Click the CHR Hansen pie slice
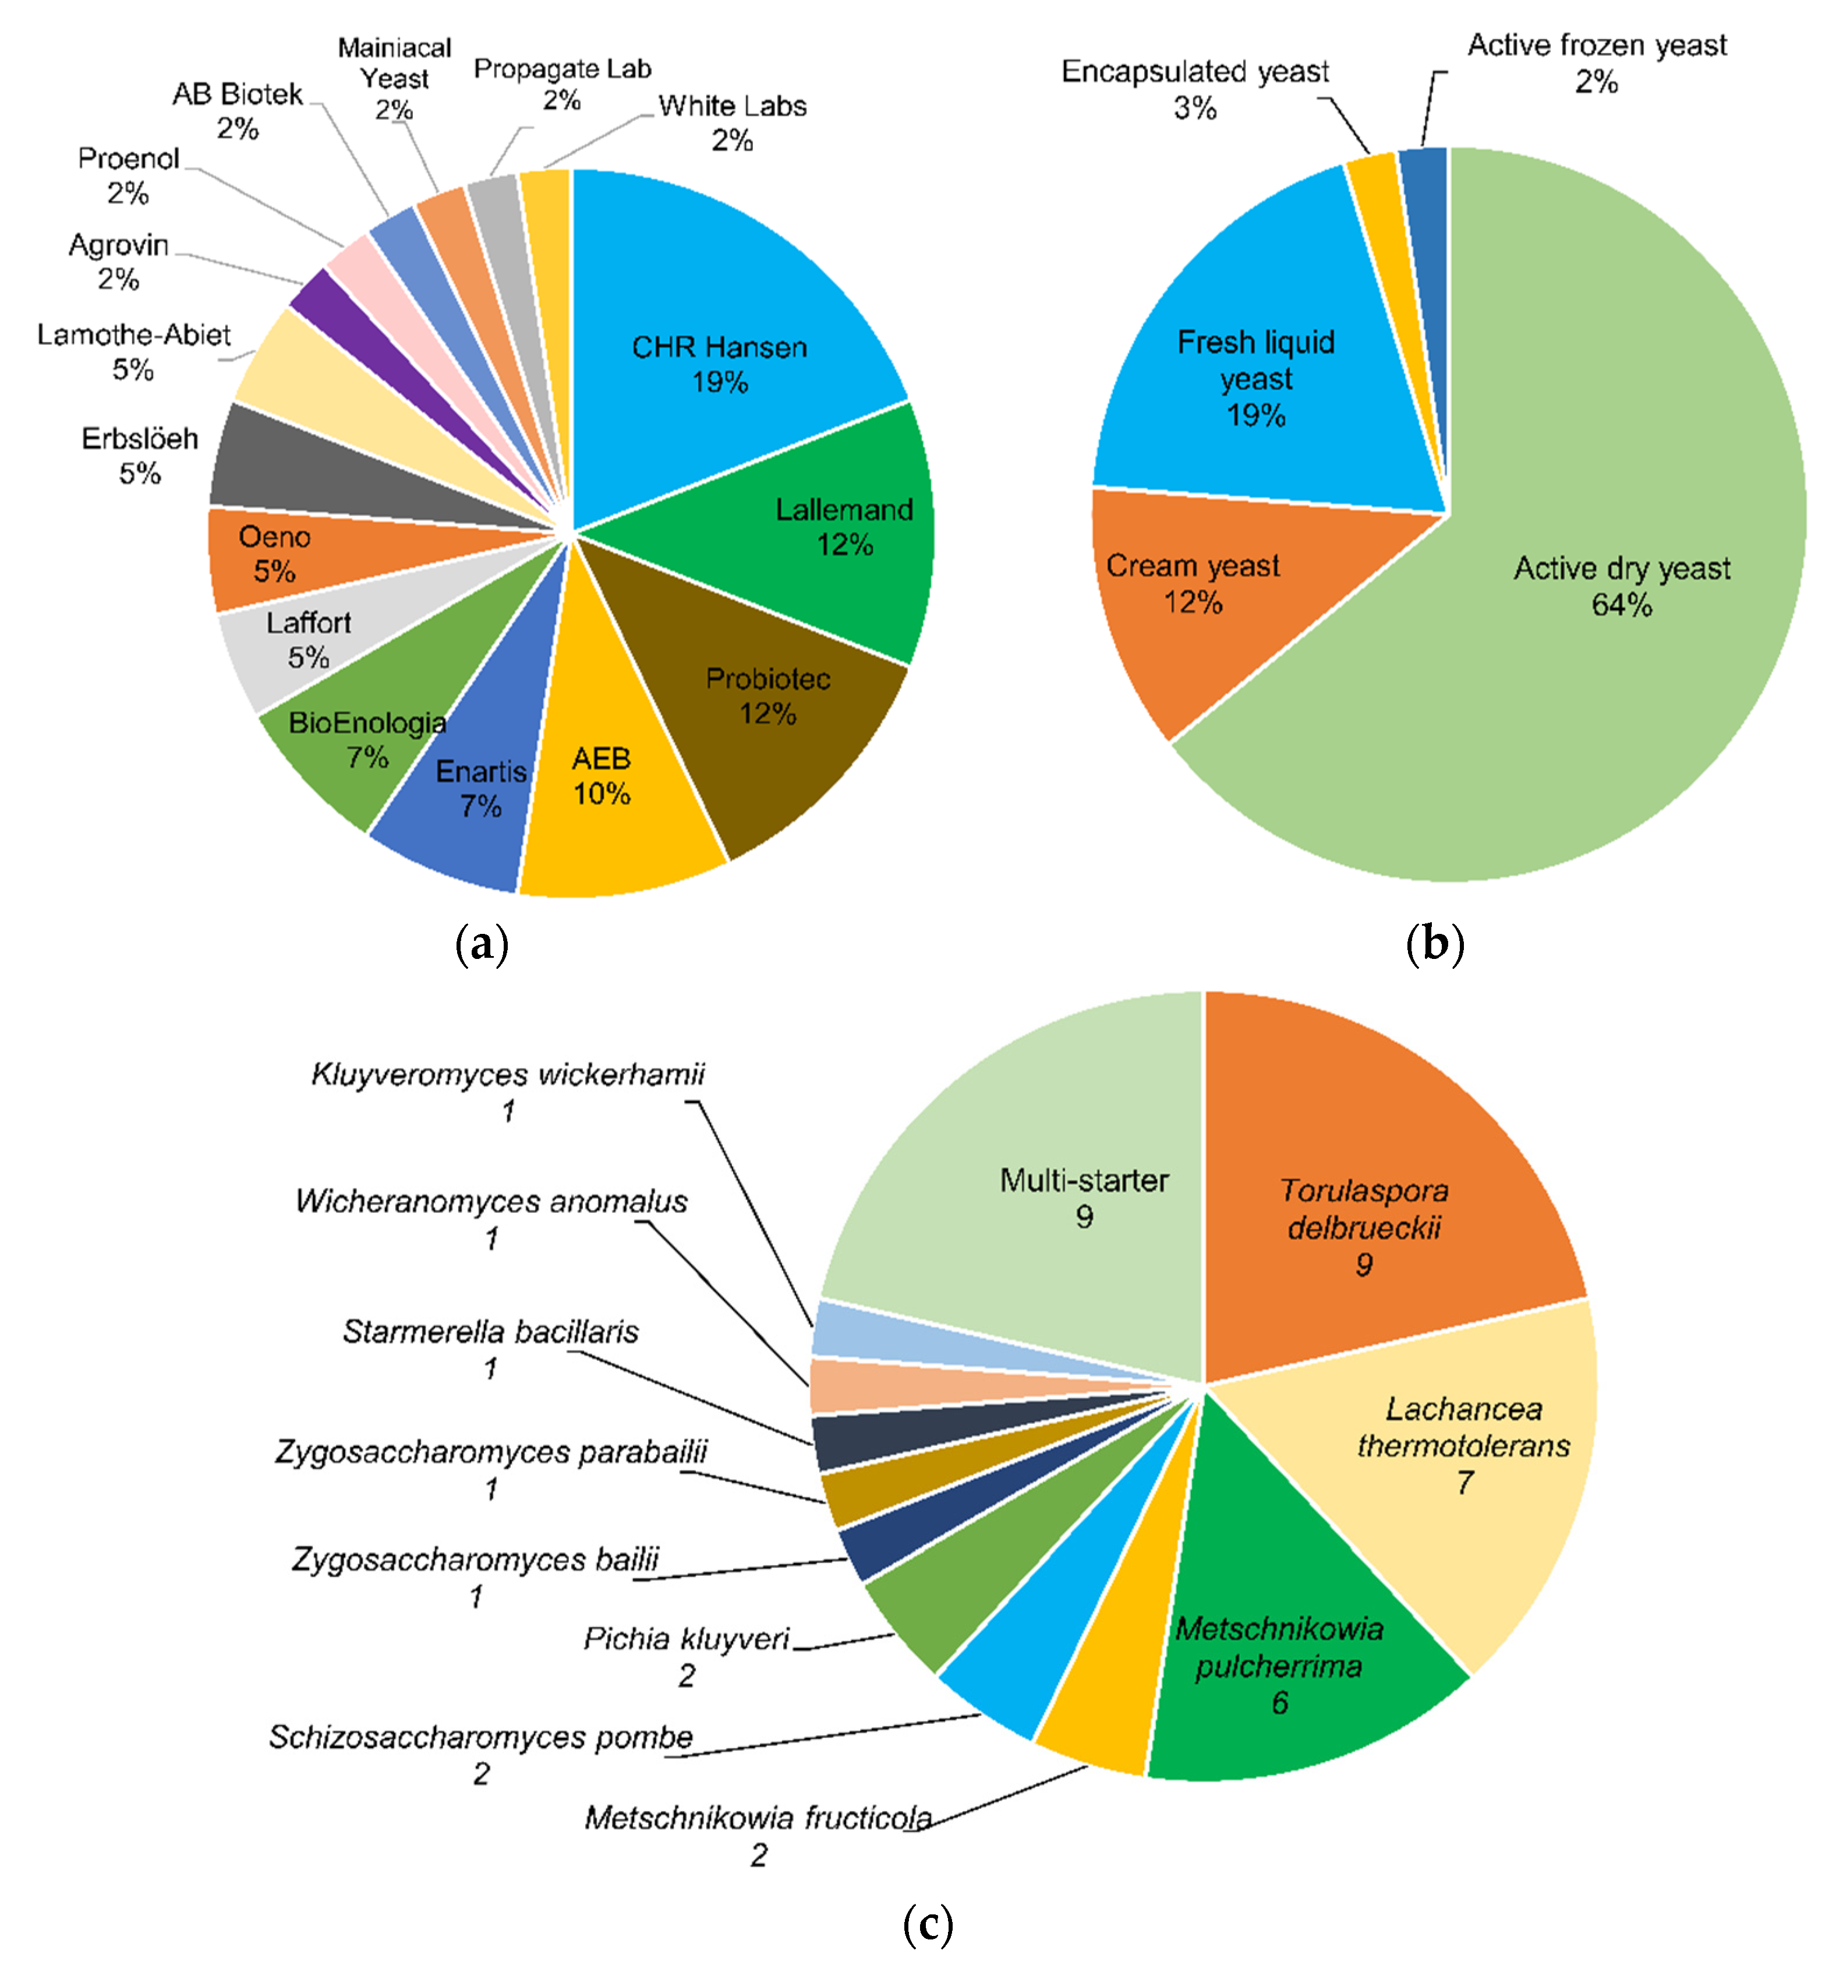pyautogui.click(x=720, y=326)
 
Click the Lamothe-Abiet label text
pyautogui.click(x=133, y=336)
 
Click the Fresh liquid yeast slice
pyautogui.click(x=1253, y=375)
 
